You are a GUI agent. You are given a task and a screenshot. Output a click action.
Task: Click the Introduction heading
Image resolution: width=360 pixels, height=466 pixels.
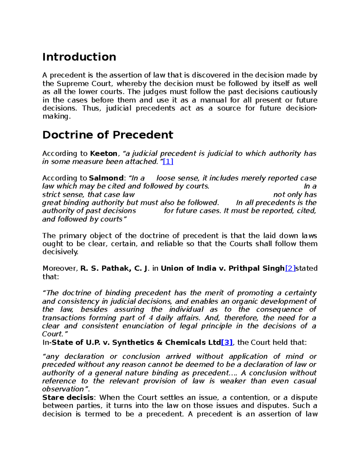[79, 57]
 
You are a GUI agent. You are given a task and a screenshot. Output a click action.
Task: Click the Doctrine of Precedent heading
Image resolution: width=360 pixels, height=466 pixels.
[108, 135]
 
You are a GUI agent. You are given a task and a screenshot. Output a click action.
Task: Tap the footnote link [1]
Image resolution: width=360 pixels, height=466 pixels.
[168, 161]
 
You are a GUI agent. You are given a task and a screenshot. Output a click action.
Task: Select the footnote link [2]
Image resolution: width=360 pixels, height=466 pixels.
[290, 268]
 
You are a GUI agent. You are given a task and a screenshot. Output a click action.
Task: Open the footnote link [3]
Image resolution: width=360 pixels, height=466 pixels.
[227, 342]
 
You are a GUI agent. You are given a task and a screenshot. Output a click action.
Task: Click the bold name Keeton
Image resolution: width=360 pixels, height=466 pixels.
[104, 153]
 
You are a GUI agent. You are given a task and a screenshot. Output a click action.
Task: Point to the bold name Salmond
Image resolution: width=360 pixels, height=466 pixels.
[106, 178]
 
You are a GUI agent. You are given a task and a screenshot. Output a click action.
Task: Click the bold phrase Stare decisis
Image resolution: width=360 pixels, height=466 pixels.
[68, 398]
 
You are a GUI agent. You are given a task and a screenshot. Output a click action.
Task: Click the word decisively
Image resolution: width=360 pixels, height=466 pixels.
[60, 252]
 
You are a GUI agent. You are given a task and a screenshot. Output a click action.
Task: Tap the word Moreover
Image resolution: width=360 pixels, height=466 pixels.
[60, 268]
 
